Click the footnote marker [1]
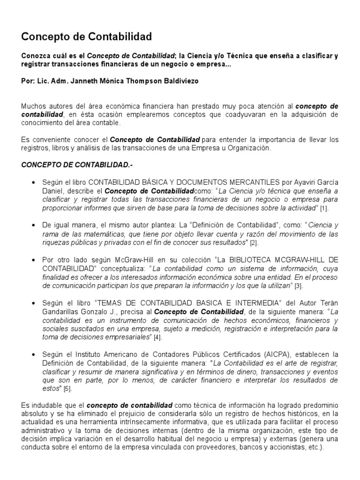click(x=324, y=208)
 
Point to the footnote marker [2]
click(x=254, y=243)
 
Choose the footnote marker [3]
click(x=299, y=285)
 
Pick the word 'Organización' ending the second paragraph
click(x=251, y=148)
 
